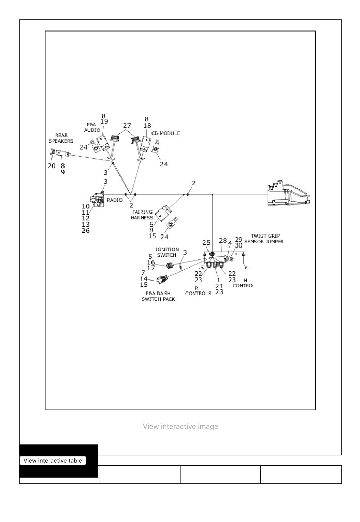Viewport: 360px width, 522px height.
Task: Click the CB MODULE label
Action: (166, 133)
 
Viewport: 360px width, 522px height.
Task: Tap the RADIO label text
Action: (115, 200)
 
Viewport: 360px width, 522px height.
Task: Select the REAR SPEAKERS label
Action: (61, 138)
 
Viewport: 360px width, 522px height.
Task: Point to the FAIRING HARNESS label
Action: (142, 215)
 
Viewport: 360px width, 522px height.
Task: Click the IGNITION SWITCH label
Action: (167, 252)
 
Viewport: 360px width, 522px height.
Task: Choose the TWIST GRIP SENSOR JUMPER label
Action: (264, 239)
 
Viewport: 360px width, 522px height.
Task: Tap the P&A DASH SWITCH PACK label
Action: (158, 296)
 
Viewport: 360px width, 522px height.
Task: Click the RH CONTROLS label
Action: (198, 291)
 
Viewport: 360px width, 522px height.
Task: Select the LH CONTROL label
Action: (244, 283)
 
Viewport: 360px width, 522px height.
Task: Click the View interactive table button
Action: (53, 460)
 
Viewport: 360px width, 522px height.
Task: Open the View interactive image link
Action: (180, 426)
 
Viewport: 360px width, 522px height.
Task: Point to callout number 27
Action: (127, 125)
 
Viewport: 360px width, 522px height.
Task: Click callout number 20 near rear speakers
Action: (51, 166)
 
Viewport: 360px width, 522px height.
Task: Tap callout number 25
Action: (206, 243)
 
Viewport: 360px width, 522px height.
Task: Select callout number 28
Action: (223, 240)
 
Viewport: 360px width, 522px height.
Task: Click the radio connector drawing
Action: (97, 200)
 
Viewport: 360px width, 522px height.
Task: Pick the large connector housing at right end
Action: (288, 193)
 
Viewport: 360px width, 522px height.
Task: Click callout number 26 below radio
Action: (86, 230)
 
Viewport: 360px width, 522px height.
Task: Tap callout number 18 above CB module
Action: (147, 125)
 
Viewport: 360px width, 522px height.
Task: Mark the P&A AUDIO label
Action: (92, 127)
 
